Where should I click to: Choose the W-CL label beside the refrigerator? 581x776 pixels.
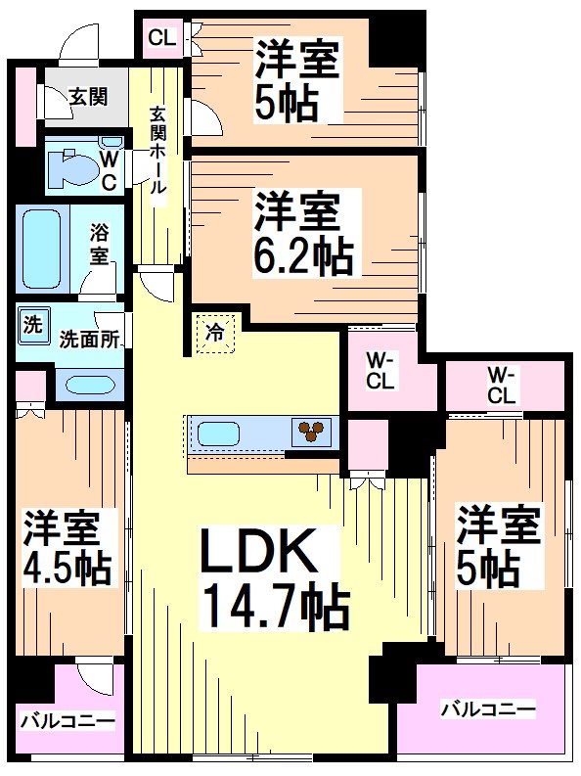[380, 373]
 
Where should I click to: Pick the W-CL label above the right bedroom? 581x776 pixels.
[501, 385]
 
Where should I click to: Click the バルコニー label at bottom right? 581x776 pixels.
[486, 708]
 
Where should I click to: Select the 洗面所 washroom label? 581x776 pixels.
[89, 340]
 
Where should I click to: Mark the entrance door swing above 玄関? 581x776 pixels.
[78, 43]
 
